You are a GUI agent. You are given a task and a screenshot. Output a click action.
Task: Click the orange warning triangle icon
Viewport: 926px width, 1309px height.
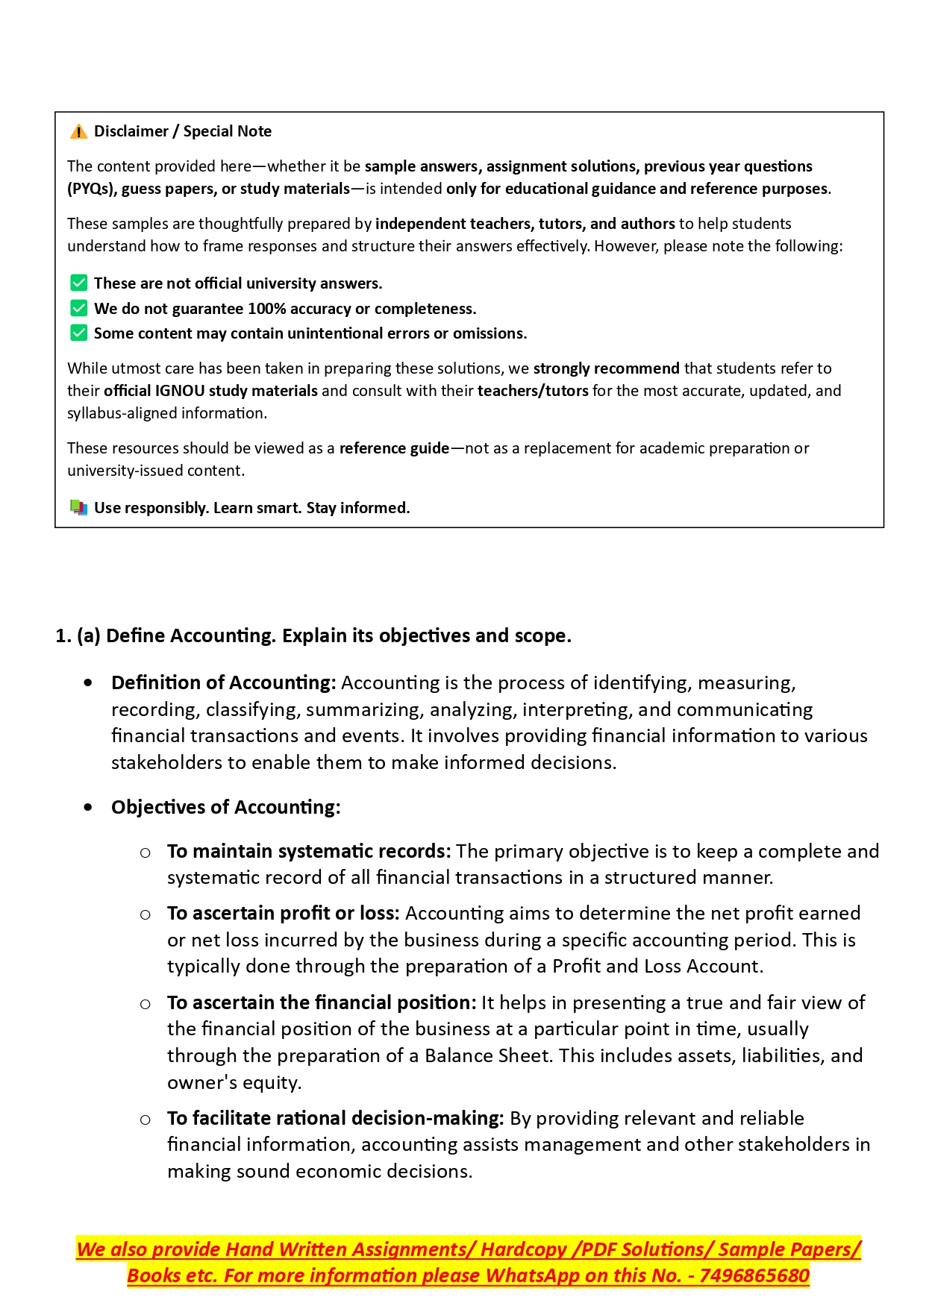point(78,132)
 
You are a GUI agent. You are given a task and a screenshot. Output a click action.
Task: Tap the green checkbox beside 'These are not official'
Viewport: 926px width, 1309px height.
point(78,283)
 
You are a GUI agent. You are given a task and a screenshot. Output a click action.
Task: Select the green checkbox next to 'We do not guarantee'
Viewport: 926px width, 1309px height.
point(78,308)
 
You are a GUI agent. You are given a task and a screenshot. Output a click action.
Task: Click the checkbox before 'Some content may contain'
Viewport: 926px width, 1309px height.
point(78,333)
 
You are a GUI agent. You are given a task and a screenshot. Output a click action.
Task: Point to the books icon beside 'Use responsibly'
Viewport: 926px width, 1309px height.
point(78,507)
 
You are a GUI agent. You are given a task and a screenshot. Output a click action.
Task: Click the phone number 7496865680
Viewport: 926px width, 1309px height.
point(754,1275)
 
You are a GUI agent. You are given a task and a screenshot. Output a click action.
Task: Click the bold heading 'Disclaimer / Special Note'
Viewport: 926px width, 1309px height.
point(183,131)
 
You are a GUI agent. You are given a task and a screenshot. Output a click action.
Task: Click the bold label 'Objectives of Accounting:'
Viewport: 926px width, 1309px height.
point(225,807)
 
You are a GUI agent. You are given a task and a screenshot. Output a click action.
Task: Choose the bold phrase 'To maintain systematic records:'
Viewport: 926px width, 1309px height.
point(309,851)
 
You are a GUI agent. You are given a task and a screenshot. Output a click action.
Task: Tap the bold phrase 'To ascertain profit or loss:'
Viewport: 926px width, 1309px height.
point(284,913)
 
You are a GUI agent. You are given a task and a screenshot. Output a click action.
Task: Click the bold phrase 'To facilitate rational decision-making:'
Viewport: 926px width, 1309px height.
point(336,1118)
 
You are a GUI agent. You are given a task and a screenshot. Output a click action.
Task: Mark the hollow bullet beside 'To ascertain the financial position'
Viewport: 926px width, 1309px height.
point(146,1004)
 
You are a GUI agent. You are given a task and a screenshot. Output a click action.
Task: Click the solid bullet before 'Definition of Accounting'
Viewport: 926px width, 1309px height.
point(89,682)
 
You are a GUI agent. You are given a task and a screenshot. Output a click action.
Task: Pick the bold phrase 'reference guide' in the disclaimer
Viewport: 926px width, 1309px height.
point(394,448)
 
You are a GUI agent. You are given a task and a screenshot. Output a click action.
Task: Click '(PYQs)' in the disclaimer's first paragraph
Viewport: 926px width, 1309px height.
point(90,189)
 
